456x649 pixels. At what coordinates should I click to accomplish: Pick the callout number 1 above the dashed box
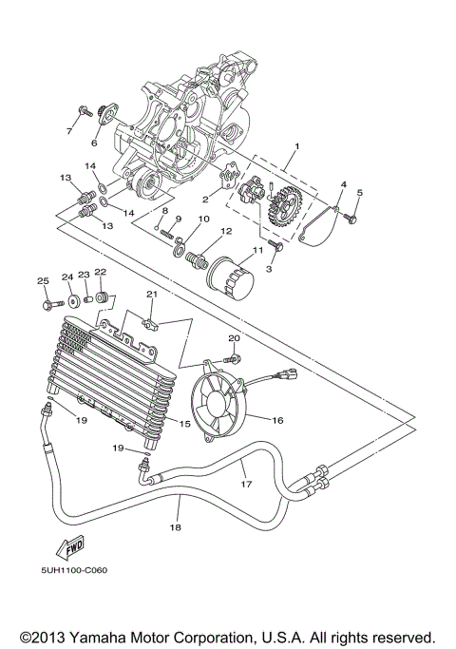(296, 148)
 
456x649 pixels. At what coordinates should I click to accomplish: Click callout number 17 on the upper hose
(246, 484)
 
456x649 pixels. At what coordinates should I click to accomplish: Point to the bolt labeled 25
(45, 304)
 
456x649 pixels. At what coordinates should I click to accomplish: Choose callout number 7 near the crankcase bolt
(69, 133)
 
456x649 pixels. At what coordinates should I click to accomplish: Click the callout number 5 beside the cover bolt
(360, 194)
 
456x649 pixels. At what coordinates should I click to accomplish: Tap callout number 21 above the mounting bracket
(150, 295)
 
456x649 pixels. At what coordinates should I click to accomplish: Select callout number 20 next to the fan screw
(235, 337)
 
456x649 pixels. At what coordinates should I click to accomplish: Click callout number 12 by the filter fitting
(227, 231)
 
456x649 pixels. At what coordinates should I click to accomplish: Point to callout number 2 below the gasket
(203, 200)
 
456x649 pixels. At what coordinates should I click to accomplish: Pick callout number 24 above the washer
(67, 277)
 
